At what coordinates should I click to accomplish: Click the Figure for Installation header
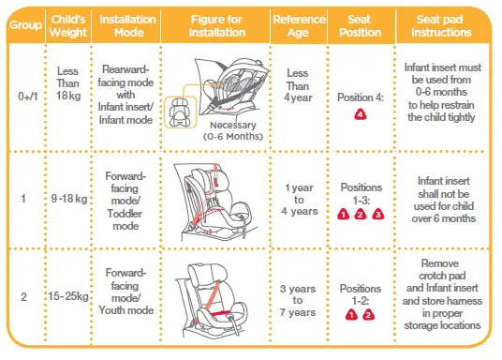[x=214, y=25]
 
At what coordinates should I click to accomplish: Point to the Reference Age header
[x=299, y=25]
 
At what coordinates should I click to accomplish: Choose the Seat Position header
[x=360, y=25]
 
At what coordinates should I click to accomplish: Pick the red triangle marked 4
[x=361, y=114]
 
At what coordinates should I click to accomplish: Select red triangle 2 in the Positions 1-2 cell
[x=370, y=315]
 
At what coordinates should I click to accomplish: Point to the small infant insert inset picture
[x=177, y=112]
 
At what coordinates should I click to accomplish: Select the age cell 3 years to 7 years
[x=299, y=296]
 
